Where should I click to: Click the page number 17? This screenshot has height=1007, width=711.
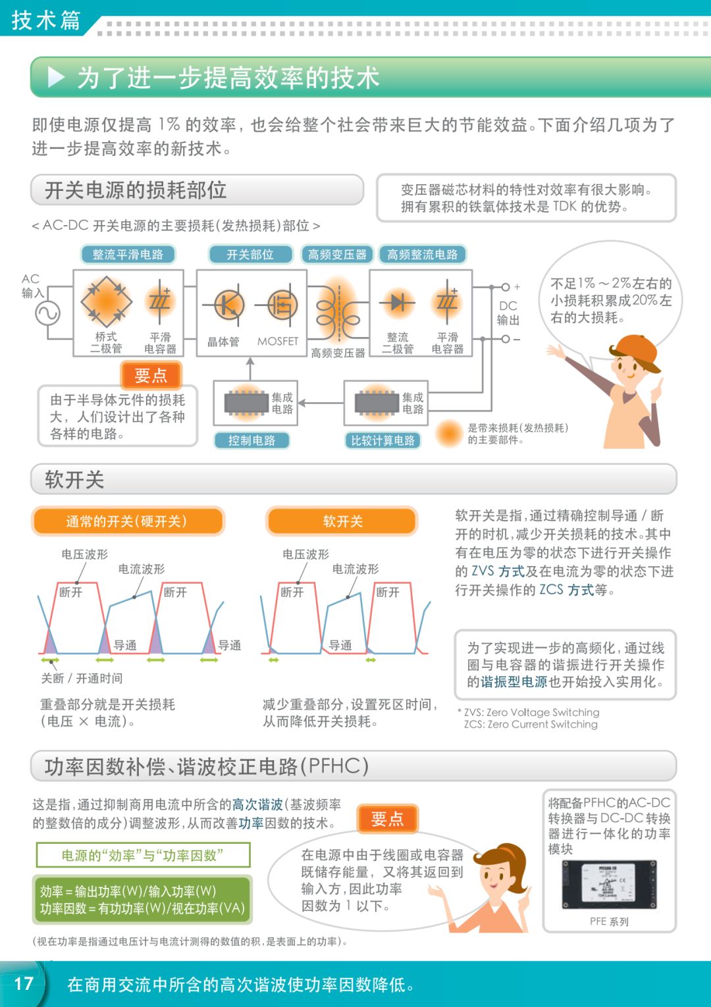pyautogui.click(x=24, y=983)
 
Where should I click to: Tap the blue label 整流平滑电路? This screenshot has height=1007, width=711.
pyautogui.click(x=128, y=255)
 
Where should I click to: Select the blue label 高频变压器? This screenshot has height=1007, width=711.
pyautogui.click(x=337, y=255)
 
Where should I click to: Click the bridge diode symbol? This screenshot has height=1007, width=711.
pyautogui.click(x=106, y=301)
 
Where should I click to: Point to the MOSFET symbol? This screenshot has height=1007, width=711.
pyautogui.click(x=282, y=305)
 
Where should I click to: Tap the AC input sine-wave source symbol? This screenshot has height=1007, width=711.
pyautogui.click(x=48, y=313)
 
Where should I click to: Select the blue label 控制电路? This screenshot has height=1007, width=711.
pyautogui.click(x=251, y=440)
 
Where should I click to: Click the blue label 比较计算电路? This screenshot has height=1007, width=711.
pyautogui.click(x=382, y=440)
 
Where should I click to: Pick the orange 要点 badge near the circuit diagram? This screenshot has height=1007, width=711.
pyautogui.click(x=151, y=375)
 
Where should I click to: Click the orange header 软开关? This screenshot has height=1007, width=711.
pyautogui.click(x=342, y=521)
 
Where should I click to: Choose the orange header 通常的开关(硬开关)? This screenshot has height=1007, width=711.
pyautogui.click(x=127, y=521)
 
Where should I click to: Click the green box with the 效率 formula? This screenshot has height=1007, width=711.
pyautogui.click(x=142, y=900)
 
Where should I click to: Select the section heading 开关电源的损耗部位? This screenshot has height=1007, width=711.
pyautogui.click(x=136, y=190)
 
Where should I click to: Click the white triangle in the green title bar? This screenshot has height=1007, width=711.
pyautogui.click(x=57, y=78)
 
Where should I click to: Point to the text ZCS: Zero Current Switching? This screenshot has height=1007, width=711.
pyautogui.click(x=531, y=725)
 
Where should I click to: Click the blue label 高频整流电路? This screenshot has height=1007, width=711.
pyautogui.click(x=422, y=255)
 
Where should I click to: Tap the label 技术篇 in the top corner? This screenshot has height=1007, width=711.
pyautogui.click(x=45, y=20)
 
